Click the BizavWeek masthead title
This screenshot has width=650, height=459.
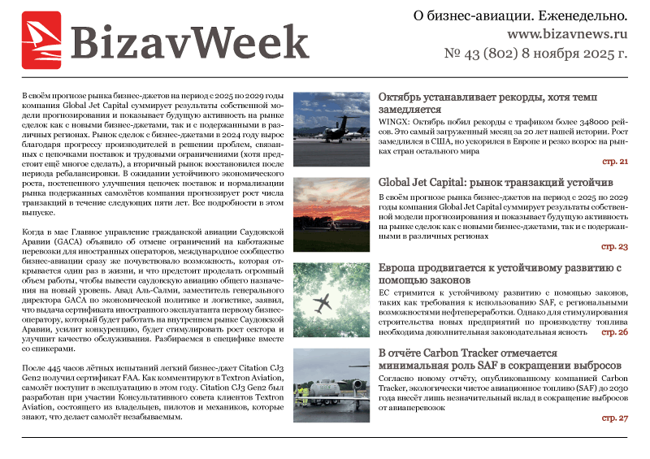pos(188,41)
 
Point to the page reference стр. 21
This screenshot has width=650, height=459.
pos(613,162)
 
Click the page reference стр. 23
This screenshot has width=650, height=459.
pos(613,246)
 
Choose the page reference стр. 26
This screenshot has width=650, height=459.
pos(613,332)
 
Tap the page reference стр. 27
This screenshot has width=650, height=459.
pos(613,418)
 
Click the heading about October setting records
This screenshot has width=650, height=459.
pos(487,102)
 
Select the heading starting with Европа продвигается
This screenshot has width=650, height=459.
pos(500,274)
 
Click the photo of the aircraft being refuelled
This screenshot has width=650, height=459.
pos(331,387)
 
